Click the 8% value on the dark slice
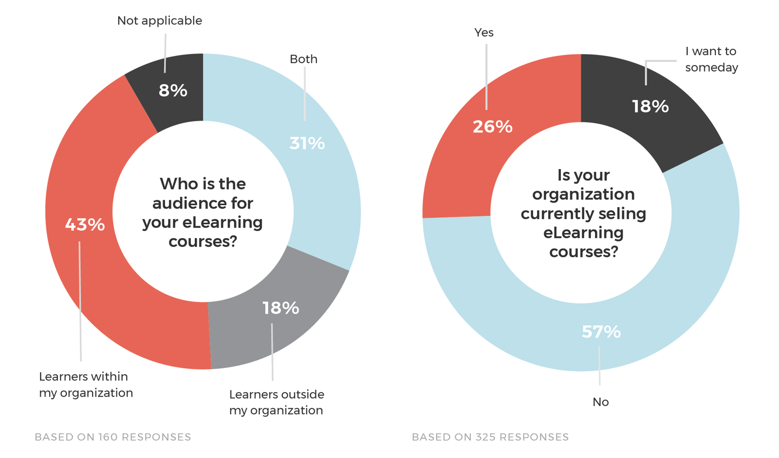173,91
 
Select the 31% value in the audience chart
307,143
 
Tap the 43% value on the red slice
85,225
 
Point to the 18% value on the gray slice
280,308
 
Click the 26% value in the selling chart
492,127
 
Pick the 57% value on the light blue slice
601,332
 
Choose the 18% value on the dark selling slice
650,106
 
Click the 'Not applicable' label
159,21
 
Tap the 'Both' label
303,59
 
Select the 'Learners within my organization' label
86,384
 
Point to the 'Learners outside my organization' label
277,402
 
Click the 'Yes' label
483,33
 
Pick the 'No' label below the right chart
600,402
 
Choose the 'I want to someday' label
711,59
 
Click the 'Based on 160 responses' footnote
112,437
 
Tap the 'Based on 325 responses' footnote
490,437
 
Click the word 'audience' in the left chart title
203,203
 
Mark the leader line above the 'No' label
599,365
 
